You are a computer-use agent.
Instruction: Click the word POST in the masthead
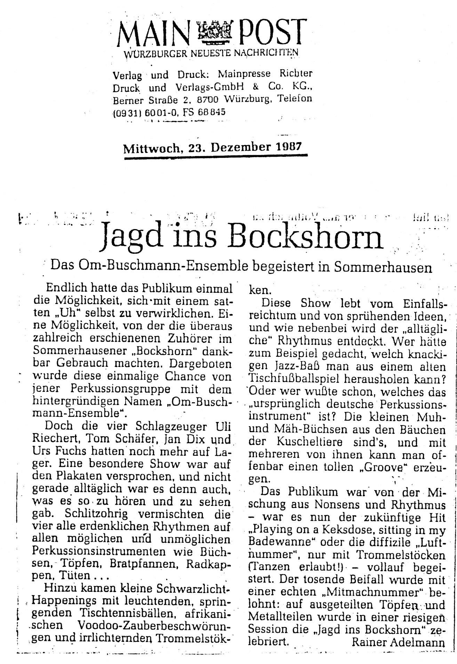[271, 32]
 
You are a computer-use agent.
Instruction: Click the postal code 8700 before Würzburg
[207, 100]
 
